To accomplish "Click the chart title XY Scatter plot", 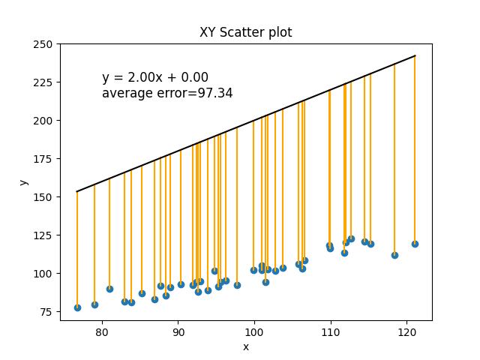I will click(x=245, y=32).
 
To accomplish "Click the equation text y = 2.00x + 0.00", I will click(x=155, y=77).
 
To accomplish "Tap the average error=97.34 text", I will click(x=167, y=93).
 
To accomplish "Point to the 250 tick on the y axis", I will click(x=45, y=44).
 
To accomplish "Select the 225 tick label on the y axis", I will click(x=45, y=82).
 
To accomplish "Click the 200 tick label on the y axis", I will click(x=45, y=121).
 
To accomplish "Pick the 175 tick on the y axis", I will click(x=45, y=159).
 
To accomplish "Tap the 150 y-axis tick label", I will click(x=45, y=197).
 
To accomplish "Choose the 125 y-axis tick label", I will click(x=45, y=235).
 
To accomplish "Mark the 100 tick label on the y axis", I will click(x=45, y=274).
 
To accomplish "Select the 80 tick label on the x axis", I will click(x=102, y=331).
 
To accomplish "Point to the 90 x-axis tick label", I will click(x=178, y=331).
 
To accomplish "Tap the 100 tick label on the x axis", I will click(x=254, y=331).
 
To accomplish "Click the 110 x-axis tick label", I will click(x=331, y=331).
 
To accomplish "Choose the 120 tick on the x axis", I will click(x=407, y=331).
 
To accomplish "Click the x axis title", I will click(x=245, y=346).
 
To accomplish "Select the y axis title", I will click(x=24, y=182).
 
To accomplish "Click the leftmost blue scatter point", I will click(x=77, y=307).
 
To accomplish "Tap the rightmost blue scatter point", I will click(x=415, y=244).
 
